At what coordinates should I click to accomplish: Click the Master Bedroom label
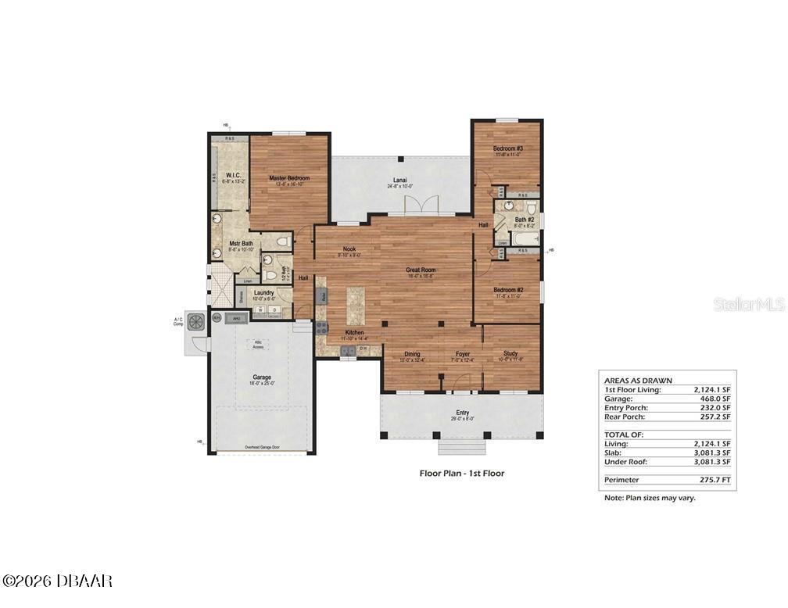click(x=289, y=179)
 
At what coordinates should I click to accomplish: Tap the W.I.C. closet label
click(x=232, y=175)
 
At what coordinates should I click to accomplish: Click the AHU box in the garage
click(x=235, y=318)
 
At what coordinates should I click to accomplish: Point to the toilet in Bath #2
click(x=531, y=209)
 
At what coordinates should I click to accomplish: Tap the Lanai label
click(x=399, y=181)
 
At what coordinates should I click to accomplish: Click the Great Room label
click(x=420, y=270)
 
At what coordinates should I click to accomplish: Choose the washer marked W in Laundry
click(x=260, y=310)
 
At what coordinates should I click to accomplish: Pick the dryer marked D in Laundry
click(x=274, y=310)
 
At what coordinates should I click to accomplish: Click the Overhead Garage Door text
click(x=261, y=447)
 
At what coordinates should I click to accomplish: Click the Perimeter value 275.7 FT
click(x=714, y=478)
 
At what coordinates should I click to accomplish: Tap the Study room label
click(x=510, y=354)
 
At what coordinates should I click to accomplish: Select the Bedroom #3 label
click(x=507, y=148)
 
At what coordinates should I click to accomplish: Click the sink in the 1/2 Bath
click(x=268, y=260)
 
